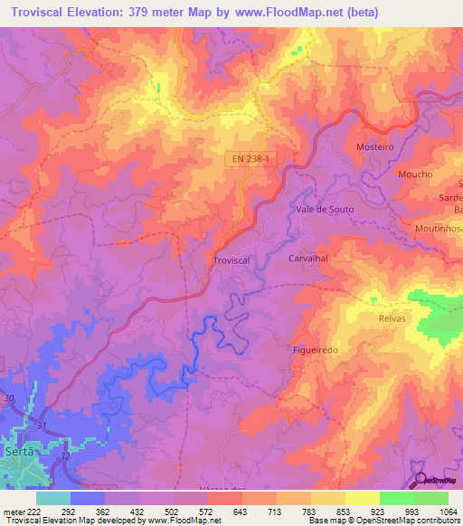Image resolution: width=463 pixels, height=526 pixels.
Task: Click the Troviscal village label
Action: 231,259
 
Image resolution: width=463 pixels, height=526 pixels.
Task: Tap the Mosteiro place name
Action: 375,146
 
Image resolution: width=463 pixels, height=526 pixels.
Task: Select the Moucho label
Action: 414,174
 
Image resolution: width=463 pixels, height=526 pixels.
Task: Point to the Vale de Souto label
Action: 325,209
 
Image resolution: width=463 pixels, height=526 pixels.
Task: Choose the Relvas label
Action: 393,319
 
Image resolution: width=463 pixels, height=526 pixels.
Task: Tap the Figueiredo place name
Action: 316,350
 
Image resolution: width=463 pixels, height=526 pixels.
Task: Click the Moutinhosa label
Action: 439,230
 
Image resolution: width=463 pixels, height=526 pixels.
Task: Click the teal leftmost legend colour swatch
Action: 52,497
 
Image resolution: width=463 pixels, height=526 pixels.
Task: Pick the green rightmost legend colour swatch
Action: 431,497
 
